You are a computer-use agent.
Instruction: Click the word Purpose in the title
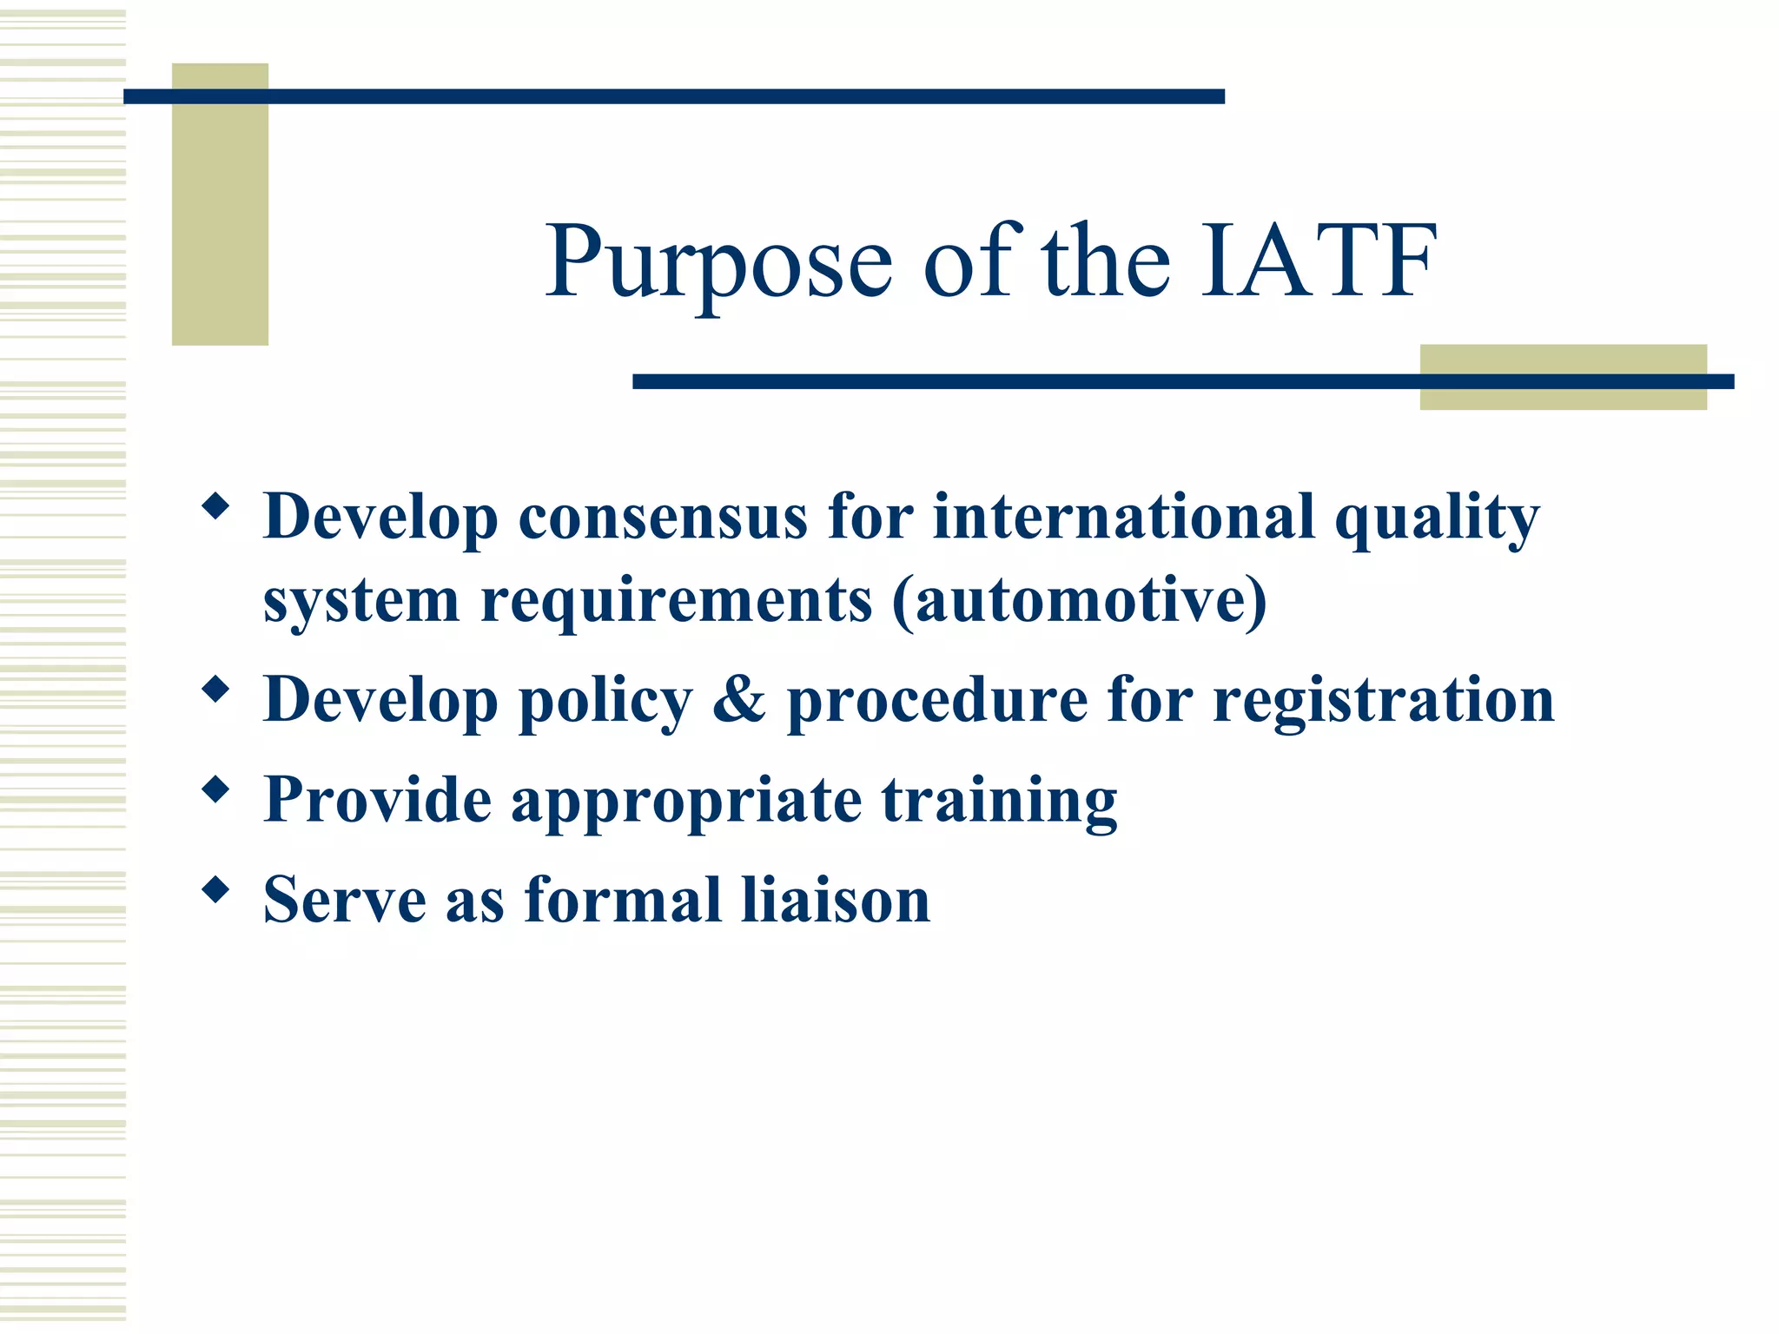719,263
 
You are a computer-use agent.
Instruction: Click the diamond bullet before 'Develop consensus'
215,505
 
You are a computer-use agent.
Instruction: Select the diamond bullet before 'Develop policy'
215,690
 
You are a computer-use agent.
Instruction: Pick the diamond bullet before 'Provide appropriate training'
215,789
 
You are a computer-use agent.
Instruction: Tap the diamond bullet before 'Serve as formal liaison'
215,889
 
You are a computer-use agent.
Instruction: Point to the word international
1123,518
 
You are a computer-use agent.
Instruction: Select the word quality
1436,519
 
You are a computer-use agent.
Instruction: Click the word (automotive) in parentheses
1079,601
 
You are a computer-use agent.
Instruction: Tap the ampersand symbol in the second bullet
739,700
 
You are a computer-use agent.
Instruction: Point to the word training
999,801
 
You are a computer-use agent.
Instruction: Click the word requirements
676,601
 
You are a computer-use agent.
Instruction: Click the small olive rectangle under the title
1562,377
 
